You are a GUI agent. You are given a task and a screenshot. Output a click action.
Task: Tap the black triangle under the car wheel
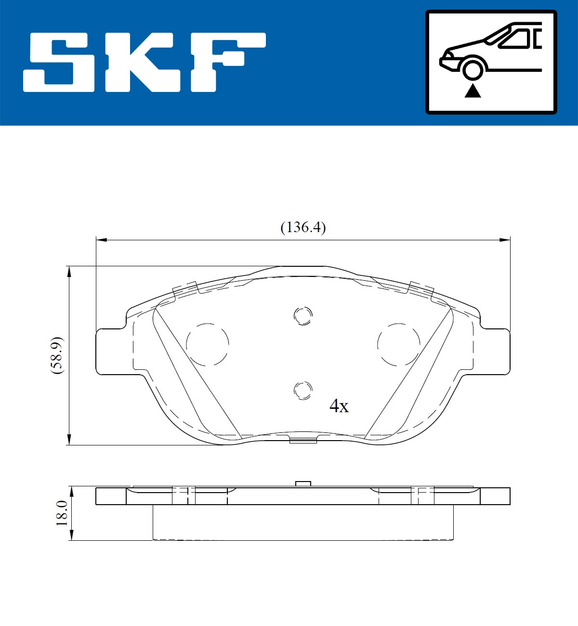tap(473, 91)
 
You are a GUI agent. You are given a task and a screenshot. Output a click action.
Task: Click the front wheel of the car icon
tap(473, 69)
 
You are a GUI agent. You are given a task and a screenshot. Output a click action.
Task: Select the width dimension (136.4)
tap(303, 227)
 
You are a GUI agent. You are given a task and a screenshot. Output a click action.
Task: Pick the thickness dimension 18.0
tap(62, 513)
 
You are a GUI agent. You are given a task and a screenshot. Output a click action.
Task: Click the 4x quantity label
tap(339, 406)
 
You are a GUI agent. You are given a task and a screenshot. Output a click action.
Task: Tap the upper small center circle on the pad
tap(303, 316)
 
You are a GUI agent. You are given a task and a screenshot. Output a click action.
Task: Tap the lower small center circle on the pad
tap(303, 390)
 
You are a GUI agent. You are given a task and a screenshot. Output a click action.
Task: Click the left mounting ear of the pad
tap(113, 352)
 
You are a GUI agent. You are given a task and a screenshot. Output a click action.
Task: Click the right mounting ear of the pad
tap(494, 352)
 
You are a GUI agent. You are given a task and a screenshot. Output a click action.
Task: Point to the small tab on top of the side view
tap(303, 483)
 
